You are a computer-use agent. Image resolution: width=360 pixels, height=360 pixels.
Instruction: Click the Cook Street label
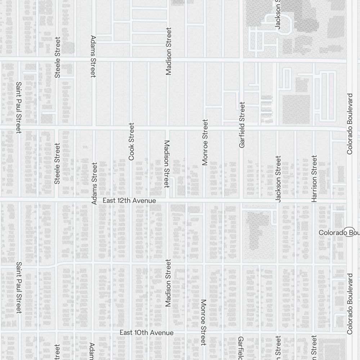(x=131, y=141)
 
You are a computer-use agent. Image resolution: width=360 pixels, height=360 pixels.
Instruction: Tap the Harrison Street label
(x=314, y=178)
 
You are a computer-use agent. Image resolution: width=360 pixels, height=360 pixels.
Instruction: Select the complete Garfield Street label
(x=242, y=125)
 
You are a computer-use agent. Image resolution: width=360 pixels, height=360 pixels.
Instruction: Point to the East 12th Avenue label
(x=129, y=201)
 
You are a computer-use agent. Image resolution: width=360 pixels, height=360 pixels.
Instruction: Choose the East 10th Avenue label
(x=147, y=333)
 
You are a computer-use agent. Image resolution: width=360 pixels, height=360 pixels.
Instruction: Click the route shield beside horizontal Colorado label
(x=349, y=232)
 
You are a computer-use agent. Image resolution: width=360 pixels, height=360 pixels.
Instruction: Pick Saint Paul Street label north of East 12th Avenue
(x=19, y=107)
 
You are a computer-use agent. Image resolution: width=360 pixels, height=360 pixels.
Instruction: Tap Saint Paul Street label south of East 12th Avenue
(x=19, y=287)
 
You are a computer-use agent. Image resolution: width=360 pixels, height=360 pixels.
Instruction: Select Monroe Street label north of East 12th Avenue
(x=205, y=142)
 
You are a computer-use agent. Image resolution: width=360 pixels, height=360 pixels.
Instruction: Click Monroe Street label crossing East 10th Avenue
(x=203, y=322)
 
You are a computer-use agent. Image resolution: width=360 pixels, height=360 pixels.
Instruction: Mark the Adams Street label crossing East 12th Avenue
(x=94, y=184)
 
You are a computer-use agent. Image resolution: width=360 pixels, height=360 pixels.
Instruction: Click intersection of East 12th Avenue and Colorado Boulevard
(x=349, y=199)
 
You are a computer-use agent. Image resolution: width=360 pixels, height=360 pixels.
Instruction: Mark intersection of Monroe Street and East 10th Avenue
(x=204, y=331)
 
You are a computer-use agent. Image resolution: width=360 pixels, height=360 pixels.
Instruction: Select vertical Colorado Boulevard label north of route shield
(x=350, y=124)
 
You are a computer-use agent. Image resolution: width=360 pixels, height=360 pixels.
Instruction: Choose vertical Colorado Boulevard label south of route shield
(x=350, y=303)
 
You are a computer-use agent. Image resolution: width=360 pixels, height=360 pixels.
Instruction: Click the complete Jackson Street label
(x=278, y=179)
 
